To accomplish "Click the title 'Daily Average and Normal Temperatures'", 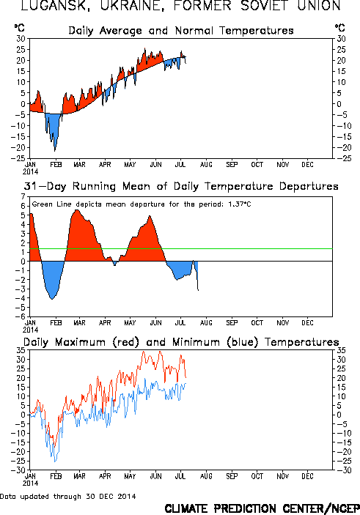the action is [181, 31].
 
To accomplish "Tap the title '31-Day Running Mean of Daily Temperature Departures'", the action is [181, 187].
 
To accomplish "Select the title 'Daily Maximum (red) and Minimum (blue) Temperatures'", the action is [181, 342].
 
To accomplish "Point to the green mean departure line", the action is [181, 248].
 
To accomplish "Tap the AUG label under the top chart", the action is [206, 165].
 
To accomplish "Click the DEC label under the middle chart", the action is [307, 323].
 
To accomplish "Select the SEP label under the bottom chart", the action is [232, 476].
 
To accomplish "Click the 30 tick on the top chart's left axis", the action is [21, 39].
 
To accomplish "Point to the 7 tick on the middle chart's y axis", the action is [23, 196].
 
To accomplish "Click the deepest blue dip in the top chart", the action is [54, 151].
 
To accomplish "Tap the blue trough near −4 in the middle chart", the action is [52, 299].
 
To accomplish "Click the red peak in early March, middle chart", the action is [77, 210].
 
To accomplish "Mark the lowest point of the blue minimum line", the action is [55, 462].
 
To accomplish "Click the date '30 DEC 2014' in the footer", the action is [111, 496].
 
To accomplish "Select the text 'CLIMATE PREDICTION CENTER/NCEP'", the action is [262, 508].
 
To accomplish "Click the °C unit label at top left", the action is [19, 28].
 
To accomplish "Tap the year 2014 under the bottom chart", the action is [30, 483].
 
